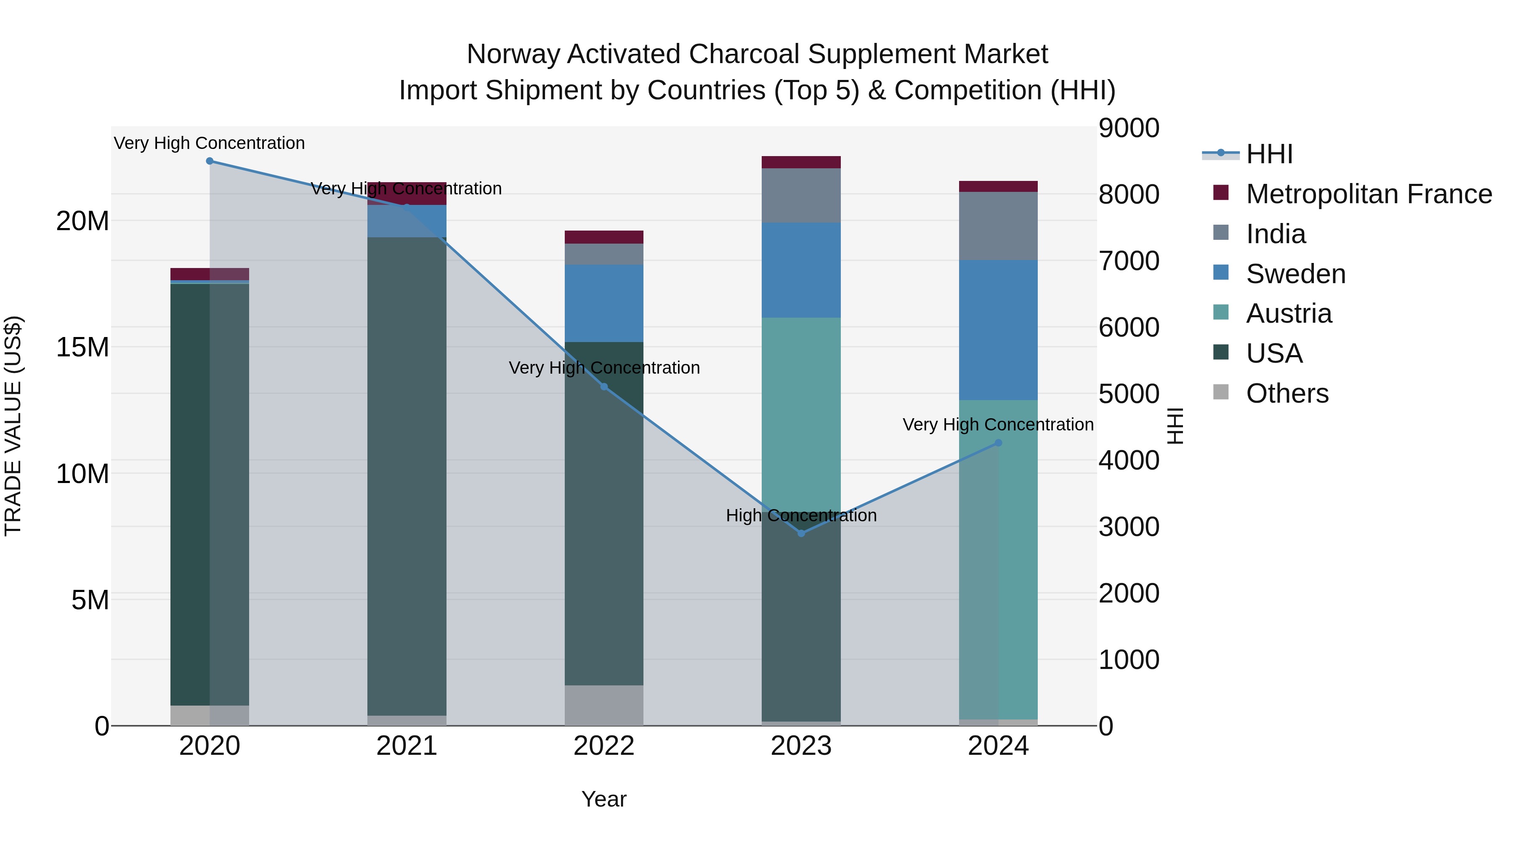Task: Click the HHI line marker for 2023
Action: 801,533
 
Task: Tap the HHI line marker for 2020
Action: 210,161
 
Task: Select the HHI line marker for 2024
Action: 998,443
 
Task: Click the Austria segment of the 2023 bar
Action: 801,411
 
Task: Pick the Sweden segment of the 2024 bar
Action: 998,330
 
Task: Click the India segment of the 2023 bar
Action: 801,195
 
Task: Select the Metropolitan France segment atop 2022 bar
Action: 604,237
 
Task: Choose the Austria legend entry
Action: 1288,313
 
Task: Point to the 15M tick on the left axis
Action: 82,347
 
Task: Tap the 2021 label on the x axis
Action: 407,746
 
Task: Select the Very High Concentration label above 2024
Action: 998,424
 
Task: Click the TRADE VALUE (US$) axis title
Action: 13,426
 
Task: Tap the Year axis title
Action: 604,799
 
